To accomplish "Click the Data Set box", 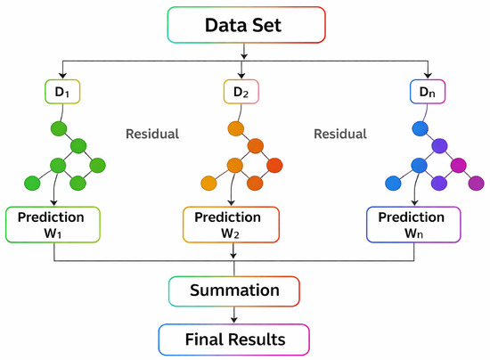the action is click(246, 25).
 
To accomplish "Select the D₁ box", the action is click(62, 92).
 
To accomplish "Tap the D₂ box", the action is click(241, 92).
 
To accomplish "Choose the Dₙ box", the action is click(428, 92).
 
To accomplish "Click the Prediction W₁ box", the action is click(53, 225).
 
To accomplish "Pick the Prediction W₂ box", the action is click(231, 225).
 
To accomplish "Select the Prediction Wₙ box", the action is click(413, 225).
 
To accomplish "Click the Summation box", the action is click(234, 290).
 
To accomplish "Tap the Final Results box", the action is click(233, 340).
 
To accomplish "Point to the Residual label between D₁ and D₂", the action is click(152, 134).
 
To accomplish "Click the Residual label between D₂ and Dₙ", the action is click(340, 134).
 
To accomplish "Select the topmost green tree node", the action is click(59, 128).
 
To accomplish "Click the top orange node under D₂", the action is click(236, 128).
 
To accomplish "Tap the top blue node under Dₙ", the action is click(421, 128).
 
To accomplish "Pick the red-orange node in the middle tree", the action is click(274, 166).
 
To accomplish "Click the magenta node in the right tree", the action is click(459, 166).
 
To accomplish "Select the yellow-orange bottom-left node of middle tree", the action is click(208, 184).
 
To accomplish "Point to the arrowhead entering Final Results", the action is click(234, 320).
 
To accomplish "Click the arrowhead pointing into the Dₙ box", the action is click(428, 76).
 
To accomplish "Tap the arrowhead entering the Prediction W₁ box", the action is click(54, 202).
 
